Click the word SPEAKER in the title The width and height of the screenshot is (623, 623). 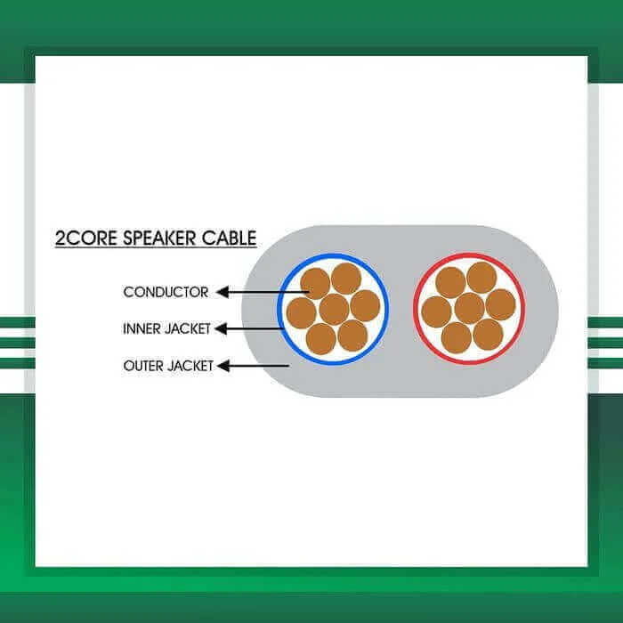point(159,238)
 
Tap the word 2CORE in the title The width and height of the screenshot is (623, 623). point(86,238)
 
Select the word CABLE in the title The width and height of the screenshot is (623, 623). point(229,238)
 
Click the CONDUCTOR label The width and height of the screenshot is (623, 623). point(166,292)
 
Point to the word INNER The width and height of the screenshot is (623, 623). point(142,328)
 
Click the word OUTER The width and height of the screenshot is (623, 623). point(143,366)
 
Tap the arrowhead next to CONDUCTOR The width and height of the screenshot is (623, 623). point(222,292)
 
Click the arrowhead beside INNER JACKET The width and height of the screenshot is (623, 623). point(221,328)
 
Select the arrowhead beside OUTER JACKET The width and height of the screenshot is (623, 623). point(223,366)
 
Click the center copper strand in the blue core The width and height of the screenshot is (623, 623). point(334,310)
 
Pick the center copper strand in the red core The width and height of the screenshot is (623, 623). point(470,308)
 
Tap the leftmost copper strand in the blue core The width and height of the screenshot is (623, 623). point(302,313)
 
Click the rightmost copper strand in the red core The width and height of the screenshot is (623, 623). point(500,304)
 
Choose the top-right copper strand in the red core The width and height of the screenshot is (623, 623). point(481,278)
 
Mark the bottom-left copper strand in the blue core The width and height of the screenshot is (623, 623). point(321,339)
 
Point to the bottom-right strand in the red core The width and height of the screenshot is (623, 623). point(489,335)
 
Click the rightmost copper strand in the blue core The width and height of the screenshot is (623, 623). point(366,305)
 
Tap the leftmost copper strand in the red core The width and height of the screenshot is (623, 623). point(437,311)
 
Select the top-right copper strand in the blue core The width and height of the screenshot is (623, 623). point(346,279)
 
